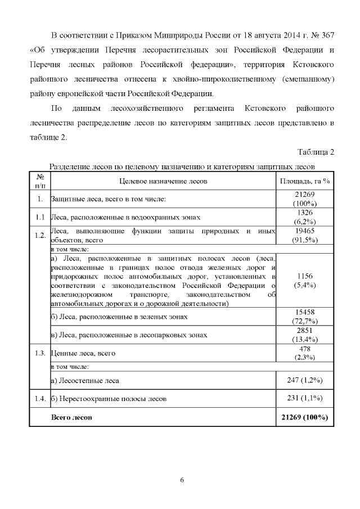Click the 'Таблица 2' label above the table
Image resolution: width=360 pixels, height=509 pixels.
315,152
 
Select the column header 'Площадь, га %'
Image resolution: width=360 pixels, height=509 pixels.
304,181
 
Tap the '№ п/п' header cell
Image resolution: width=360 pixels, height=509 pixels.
40,181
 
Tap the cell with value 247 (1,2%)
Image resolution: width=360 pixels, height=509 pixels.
304,380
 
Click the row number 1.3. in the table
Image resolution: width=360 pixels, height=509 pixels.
39,353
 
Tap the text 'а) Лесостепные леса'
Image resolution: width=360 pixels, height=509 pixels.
85,380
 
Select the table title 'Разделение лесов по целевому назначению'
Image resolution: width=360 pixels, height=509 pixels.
181,166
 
